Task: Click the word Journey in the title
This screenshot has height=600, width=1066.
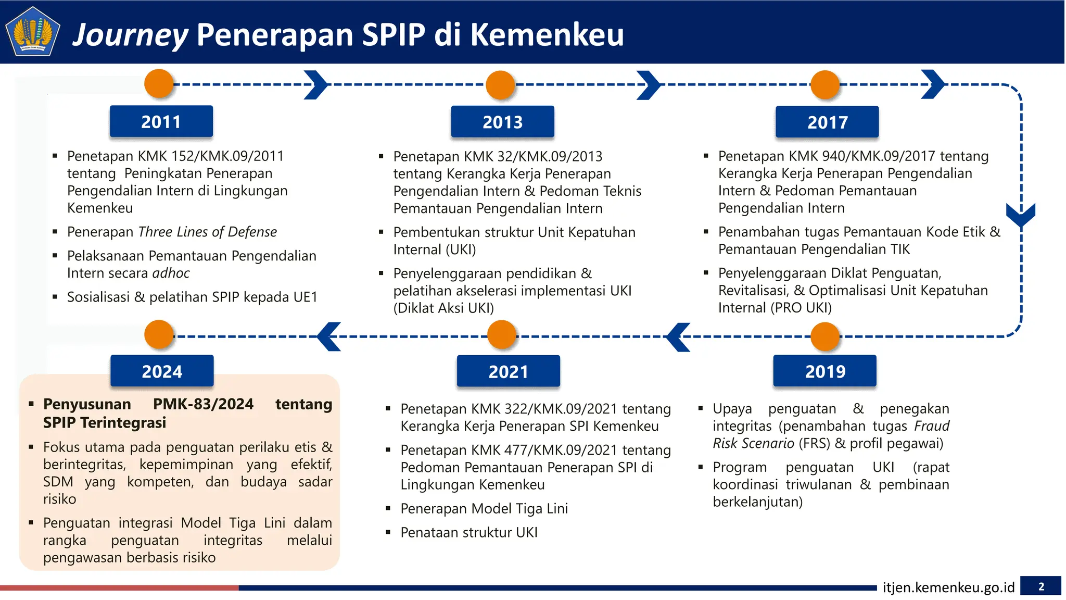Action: click(130, 35)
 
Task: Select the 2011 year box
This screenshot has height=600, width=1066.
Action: click(161, 122)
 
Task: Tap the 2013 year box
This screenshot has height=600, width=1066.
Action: click(502, 122)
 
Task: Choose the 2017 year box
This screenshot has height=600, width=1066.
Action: click(827, 122)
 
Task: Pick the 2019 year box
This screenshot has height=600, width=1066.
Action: click(825, 371)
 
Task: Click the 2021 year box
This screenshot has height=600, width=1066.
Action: click(508, 371)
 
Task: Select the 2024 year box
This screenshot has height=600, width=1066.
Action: click(162, 371)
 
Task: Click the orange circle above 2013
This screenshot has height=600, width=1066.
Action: click(500, 85)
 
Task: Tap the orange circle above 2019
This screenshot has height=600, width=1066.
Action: click(825, 336)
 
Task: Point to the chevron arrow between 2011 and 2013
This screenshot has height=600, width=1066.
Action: click(315, 84)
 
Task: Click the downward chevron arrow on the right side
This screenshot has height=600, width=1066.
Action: click(1021, 214)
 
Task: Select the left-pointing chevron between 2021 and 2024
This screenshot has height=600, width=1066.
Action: click(329, 336)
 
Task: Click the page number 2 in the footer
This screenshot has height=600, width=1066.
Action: click(1040, 586)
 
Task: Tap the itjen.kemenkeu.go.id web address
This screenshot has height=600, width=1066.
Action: click(948, 587)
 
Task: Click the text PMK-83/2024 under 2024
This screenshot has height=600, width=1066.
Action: click(203, 404)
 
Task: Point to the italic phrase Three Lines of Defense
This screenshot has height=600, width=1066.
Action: click(208, 232)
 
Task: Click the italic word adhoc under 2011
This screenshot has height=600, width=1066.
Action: click(171, 273)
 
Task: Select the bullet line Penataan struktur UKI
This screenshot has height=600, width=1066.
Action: click(468, 532)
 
